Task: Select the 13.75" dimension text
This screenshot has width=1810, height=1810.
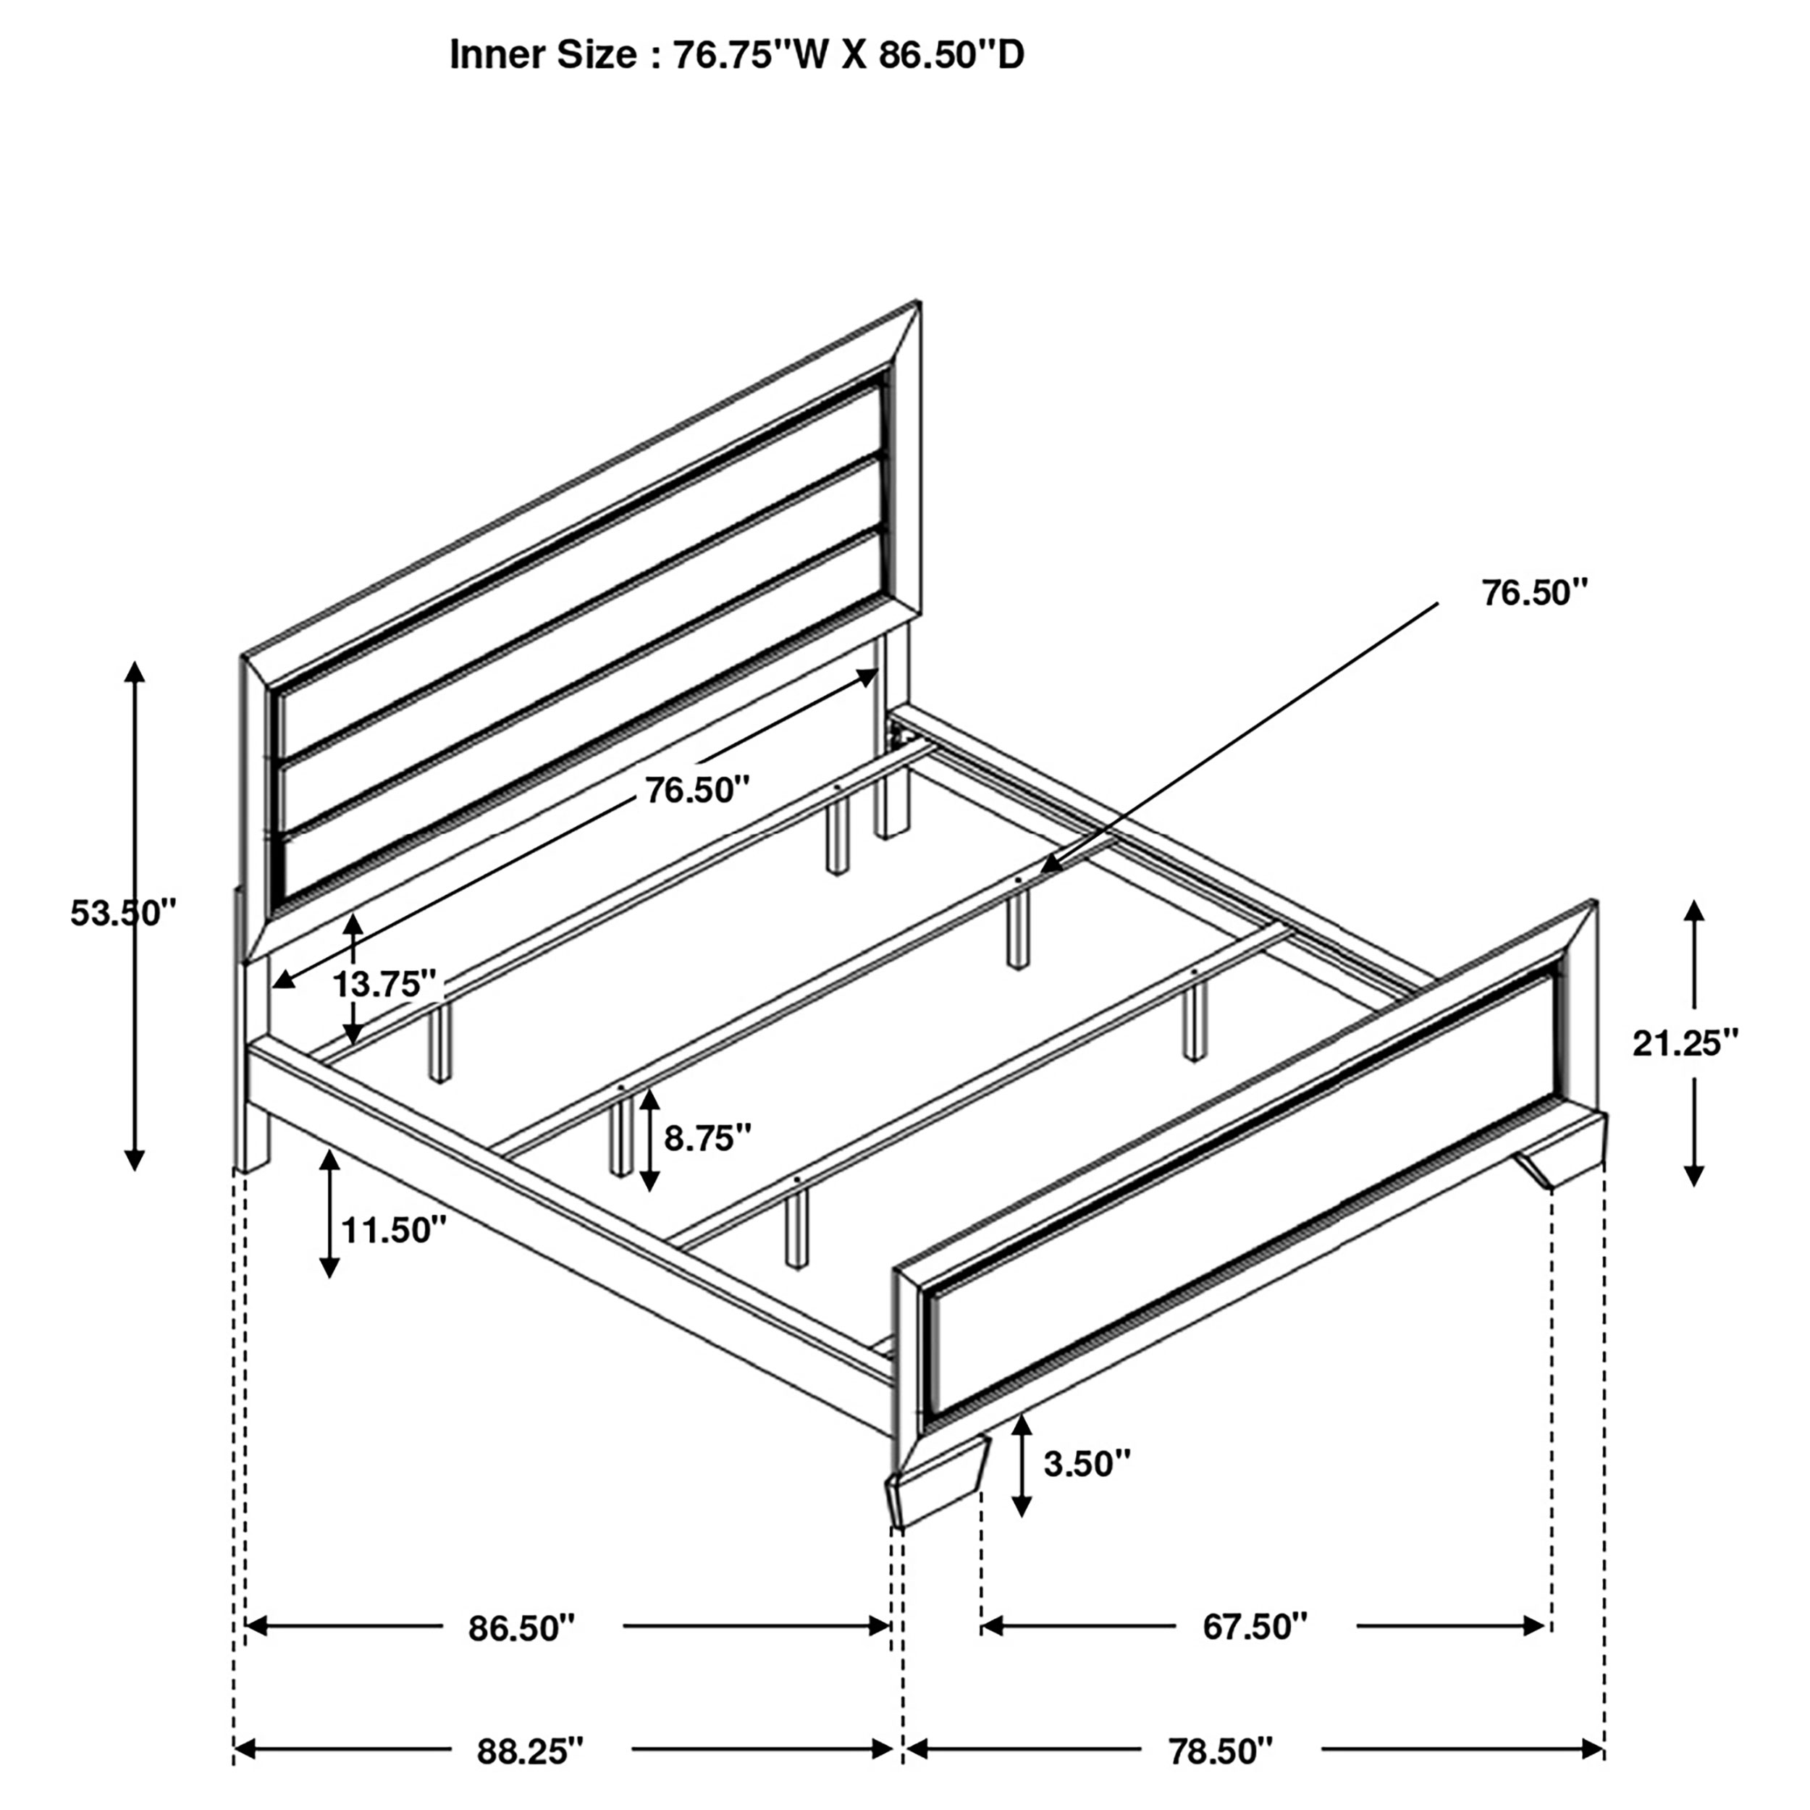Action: [385, 985]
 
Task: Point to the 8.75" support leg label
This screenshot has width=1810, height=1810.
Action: [707, 1138]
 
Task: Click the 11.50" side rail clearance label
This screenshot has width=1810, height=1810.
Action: [393, 1230]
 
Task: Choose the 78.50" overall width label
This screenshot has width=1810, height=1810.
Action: [1221, 1750]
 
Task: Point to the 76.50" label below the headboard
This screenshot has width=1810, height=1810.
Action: [698, 790]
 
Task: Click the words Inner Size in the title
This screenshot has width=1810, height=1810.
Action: [544, 55]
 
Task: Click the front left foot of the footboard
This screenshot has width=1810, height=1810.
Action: [937, 1489]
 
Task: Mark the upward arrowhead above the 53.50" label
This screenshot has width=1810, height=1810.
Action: [135, 671]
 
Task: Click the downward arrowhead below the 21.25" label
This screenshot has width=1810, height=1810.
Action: [1694, 1176]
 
